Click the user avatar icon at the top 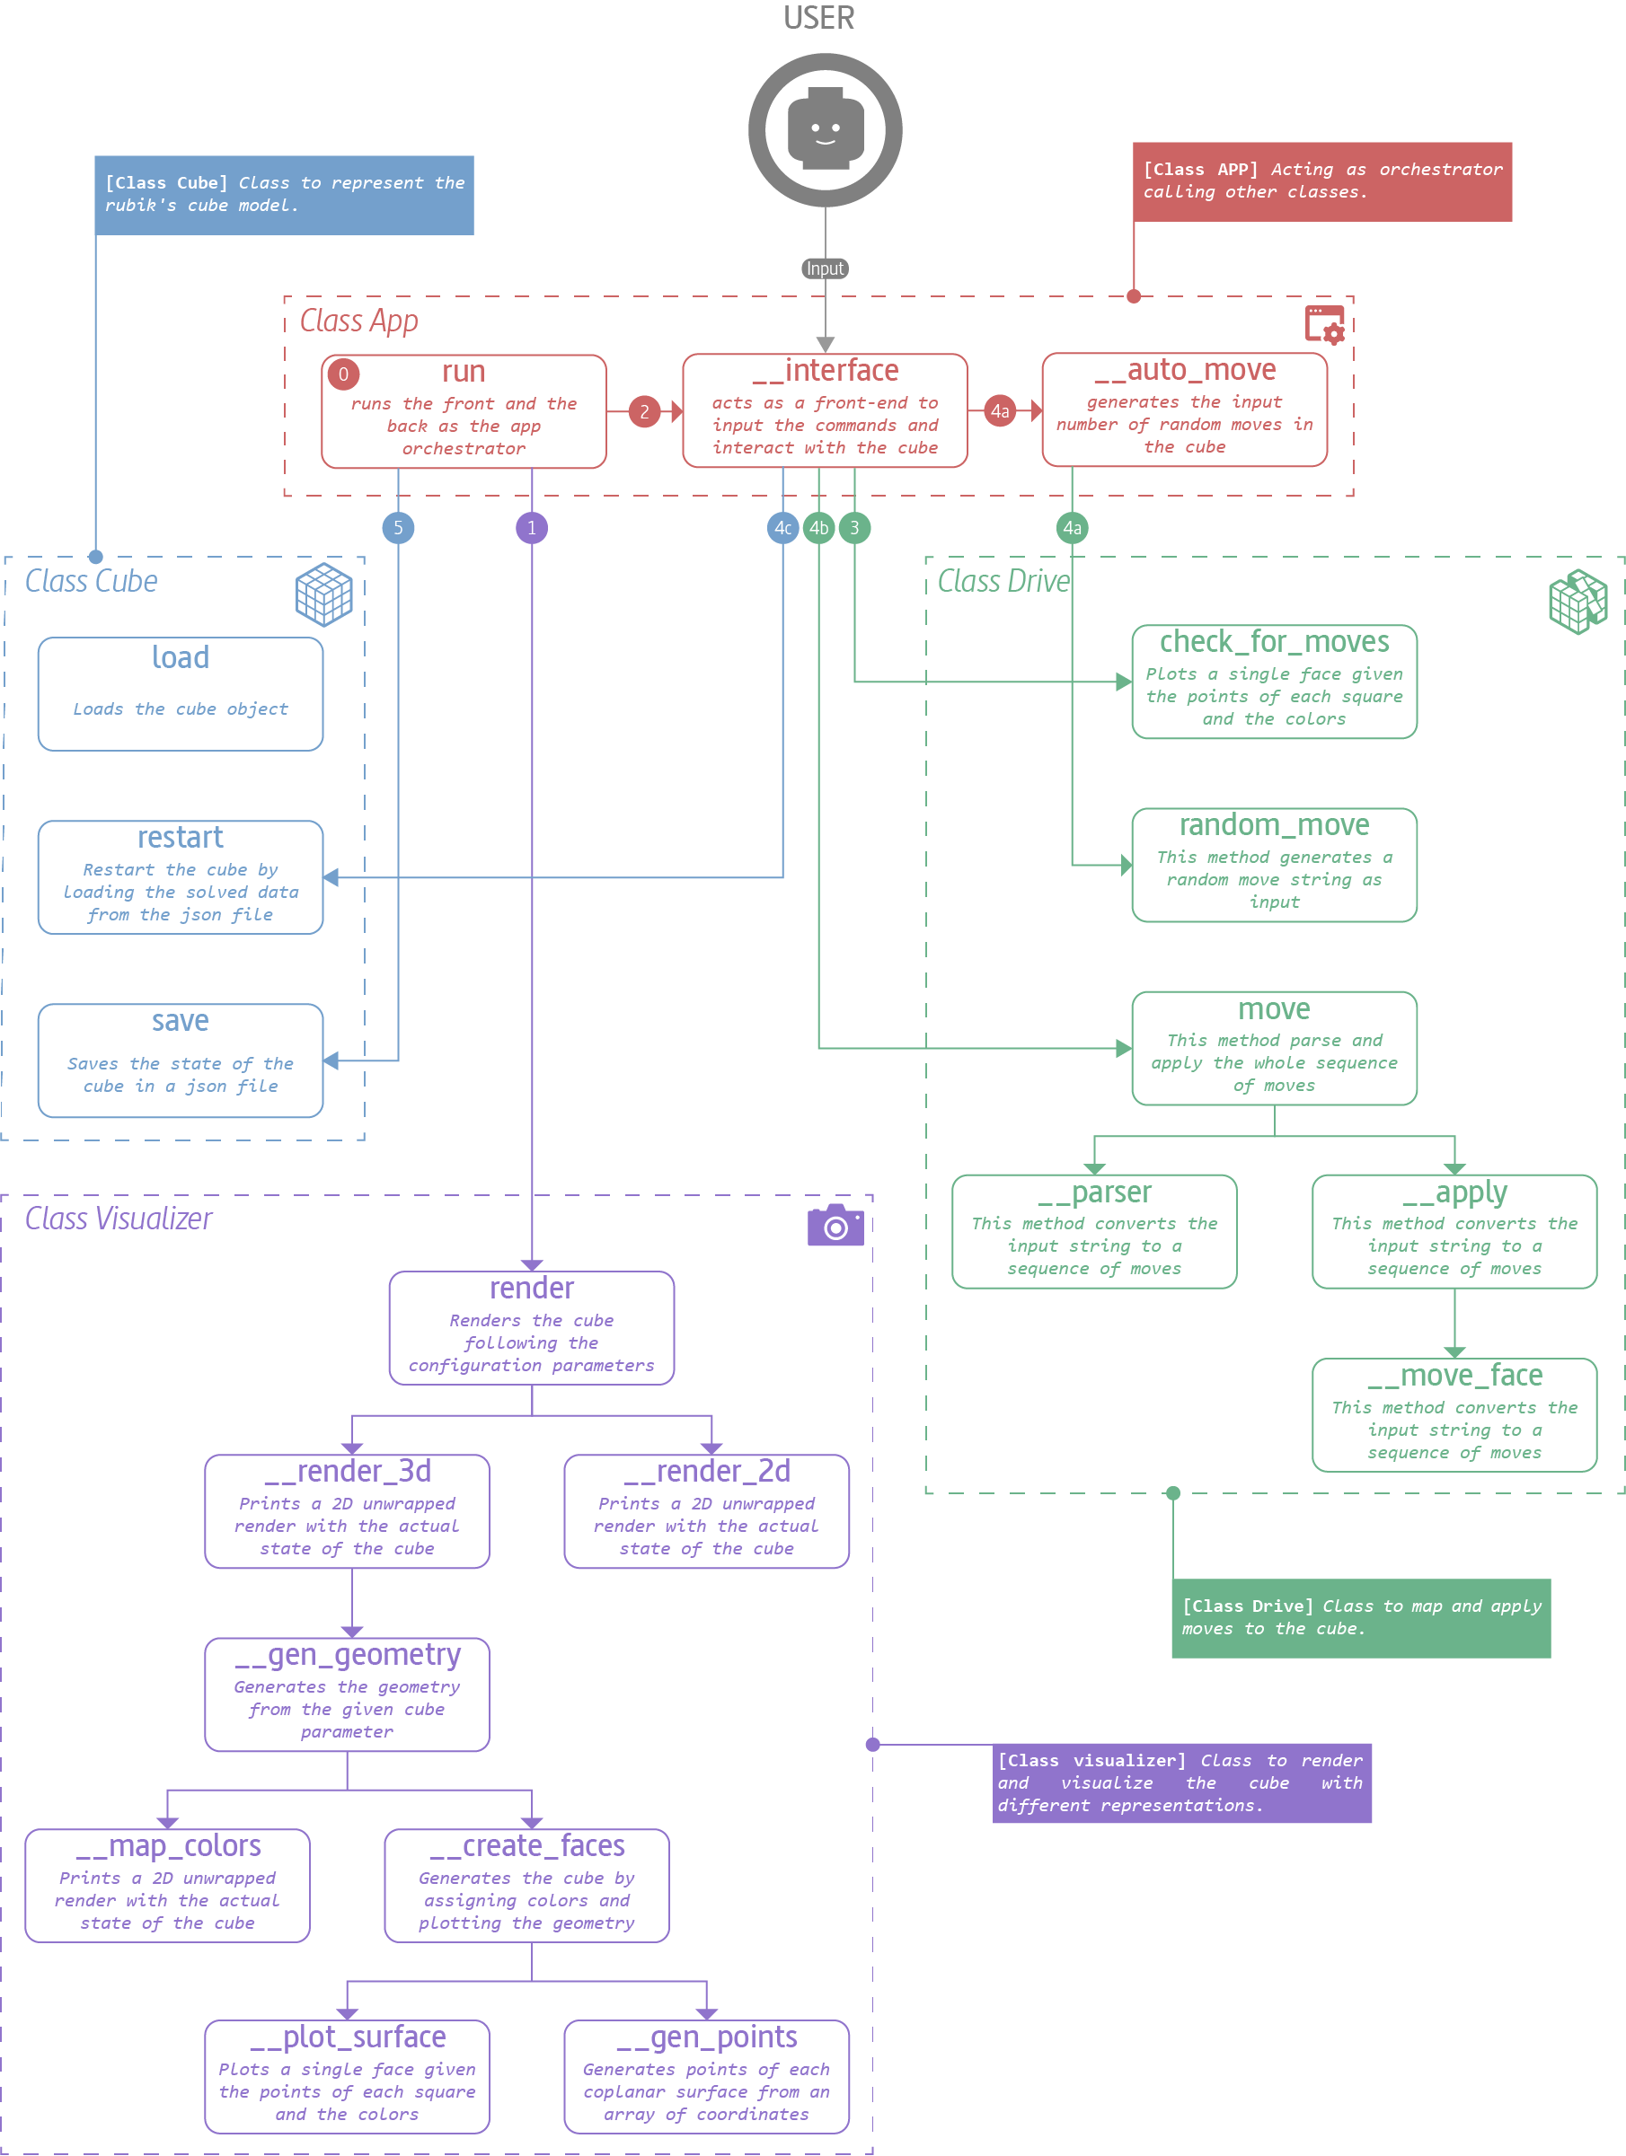tap(825, 129)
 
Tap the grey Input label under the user tap(825, 268)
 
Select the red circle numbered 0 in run tap(343, 374)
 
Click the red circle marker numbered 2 tap(643, 411)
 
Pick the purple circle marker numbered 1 tap(531, 528)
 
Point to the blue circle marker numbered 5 tap(398, 528)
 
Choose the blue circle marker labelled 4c tap(782, 528)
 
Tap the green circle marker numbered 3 tap(855, 528)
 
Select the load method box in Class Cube tap(181, 694)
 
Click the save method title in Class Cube tap(181, 1020)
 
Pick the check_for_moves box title tap(1273, 641)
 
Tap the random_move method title tap(1273, 824)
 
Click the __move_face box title tap(1454, 1376)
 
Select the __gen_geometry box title tap(347, 1654)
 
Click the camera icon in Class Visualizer tap(835, 1226)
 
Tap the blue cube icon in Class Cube tap(323, 594)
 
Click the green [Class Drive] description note tap(1360, 1618)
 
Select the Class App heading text tap(358, 321)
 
